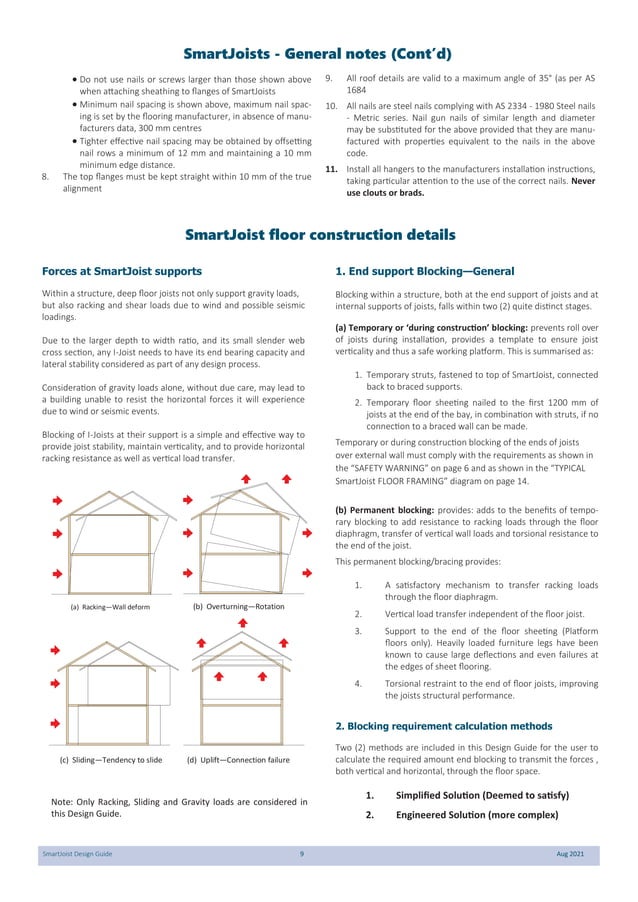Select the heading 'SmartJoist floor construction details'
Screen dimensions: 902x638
point(319,235)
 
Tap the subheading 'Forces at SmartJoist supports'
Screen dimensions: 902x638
point(122,271)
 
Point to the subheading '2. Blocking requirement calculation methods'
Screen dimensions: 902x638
point(444,725)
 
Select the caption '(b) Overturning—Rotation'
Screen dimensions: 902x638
point(238,606)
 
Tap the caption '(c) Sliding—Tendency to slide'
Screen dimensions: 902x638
point(111,760)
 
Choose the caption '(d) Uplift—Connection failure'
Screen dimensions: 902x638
point(238,760)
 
